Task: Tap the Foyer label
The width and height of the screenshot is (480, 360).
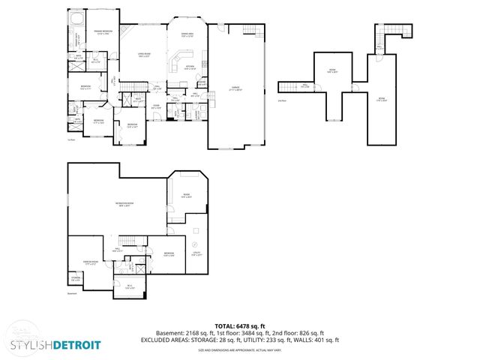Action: [156, 106]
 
